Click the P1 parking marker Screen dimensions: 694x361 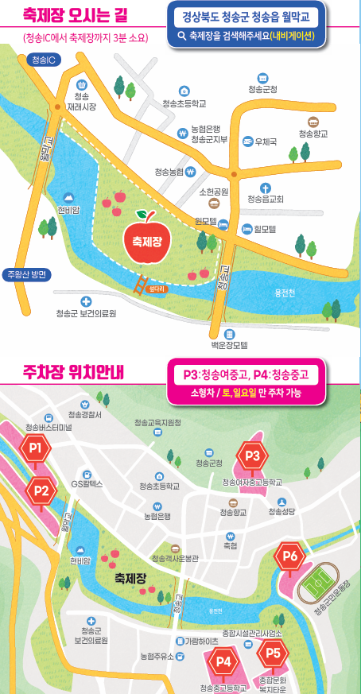35,449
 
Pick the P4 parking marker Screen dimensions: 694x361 223,661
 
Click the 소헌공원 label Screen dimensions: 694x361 213,192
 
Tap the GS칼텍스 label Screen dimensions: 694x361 87,483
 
